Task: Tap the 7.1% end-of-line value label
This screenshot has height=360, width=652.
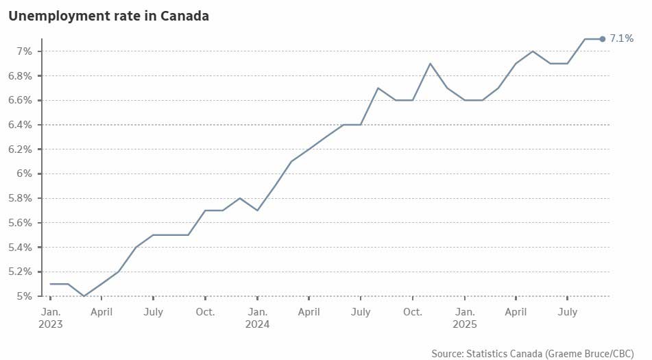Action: [x=621, y=38]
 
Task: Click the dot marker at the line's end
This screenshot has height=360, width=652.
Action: [x=602, y=39]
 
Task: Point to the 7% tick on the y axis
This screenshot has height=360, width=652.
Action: [x=24, y=51]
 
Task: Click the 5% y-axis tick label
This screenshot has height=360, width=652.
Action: [x=24, y=296]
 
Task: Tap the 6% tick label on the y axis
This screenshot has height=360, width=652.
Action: [x=24, y=173]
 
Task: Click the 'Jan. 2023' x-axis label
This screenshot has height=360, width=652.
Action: [x=50, y=317]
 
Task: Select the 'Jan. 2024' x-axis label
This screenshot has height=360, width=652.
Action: [x=257, y=317]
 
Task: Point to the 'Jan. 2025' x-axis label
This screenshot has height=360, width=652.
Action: [x=464, y=317]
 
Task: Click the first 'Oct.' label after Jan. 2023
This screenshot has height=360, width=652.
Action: [x=205, y=312]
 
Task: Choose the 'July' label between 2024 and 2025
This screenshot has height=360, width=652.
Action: [x=361, y=312]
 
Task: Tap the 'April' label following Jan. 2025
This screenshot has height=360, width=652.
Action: [x=516, y=312]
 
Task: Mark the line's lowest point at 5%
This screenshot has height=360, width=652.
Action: [x=84, y=296]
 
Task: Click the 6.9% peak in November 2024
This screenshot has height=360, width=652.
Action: [x=430, y=64]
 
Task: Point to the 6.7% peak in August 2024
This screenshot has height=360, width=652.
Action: [x=378, y=88]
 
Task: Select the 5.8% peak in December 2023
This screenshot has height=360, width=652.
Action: [x=240, y=198]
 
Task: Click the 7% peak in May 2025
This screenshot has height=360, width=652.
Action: [x=533, y=51]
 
